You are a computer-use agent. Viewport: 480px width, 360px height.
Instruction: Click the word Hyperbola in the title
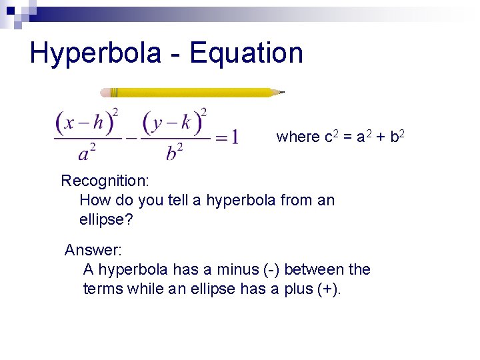click(95, 53)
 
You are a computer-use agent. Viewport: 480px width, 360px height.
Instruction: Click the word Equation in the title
click(246, 53)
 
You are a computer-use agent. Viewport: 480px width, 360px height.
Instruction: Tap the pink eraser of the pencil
click(105, 93)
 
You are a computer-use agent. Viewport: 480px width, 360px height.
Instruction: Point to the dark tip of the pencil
click(281, 92)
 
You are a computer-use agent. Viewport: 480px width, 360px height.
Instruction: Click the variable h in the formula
click(98, 122)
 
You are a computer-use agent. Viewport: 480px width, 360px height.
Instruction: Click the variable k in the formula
click(185, 122)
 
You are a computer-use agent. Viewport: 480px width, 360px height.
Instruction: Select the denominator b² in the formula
click(175, 153)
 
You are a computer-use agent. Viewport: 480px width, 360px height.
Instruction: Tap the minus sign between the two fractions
click(131, 138)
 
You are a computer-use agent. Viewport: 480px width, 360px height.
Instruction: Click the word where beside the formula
click(298, 137)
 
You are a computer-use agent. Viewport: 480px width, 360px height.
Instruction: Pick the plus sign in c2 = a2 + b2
click(377, 137)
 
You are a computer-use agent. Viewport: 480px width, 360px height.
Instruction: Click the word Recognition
click(105, 181)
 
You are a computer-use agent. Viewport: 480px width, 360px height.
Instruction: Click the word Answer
click(93, 250)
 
